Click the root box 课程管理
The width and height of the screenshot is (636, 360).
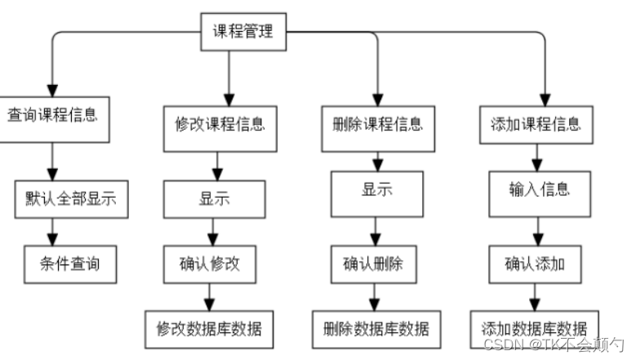pos(242,33)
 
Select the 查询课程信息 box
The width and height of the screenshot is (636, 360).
pos(52,113)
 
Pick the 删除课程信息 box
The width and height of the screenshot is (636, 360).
pos(378,126)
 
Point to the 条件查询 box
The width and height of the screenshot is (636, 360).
pos(72,264)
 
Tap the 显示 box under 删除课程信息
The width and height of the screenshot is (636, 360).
pos(376,193)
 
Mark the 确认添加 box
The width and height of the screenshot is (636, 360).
pos(535,264)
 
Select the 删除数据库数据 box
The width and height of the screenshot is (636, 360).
pos(376,329)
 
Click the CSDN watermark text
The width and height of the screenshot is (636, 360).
pos(553,347)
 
